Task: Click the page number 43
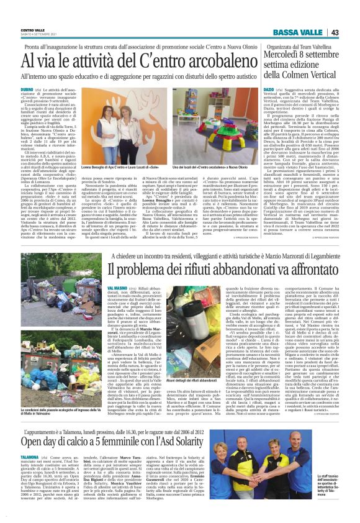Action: (x=352, y=33)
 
